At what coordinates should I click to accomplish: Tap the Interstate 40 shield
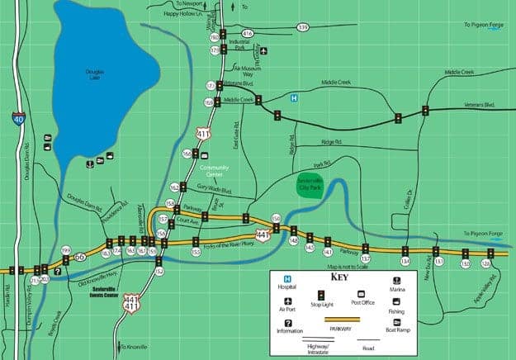pos(18,117)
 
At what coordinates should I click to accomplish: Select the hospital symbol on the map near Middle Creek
pos(292,97)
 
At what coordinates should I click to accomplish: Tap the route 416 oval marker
pos(247,33)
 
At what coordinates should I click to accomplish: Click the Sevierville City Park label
pos(310,182)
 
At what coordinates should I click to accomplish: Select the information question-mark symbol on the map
pos(58,270)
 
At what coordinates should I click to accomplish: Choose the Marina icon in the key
pos(397,281)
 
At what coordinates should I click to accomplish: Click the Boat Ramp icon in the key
pos(397,323)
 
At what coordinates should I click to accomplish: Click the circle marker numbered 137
pos(365,259)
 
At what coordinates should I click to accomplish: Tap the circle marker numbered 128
pos(485,263)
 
